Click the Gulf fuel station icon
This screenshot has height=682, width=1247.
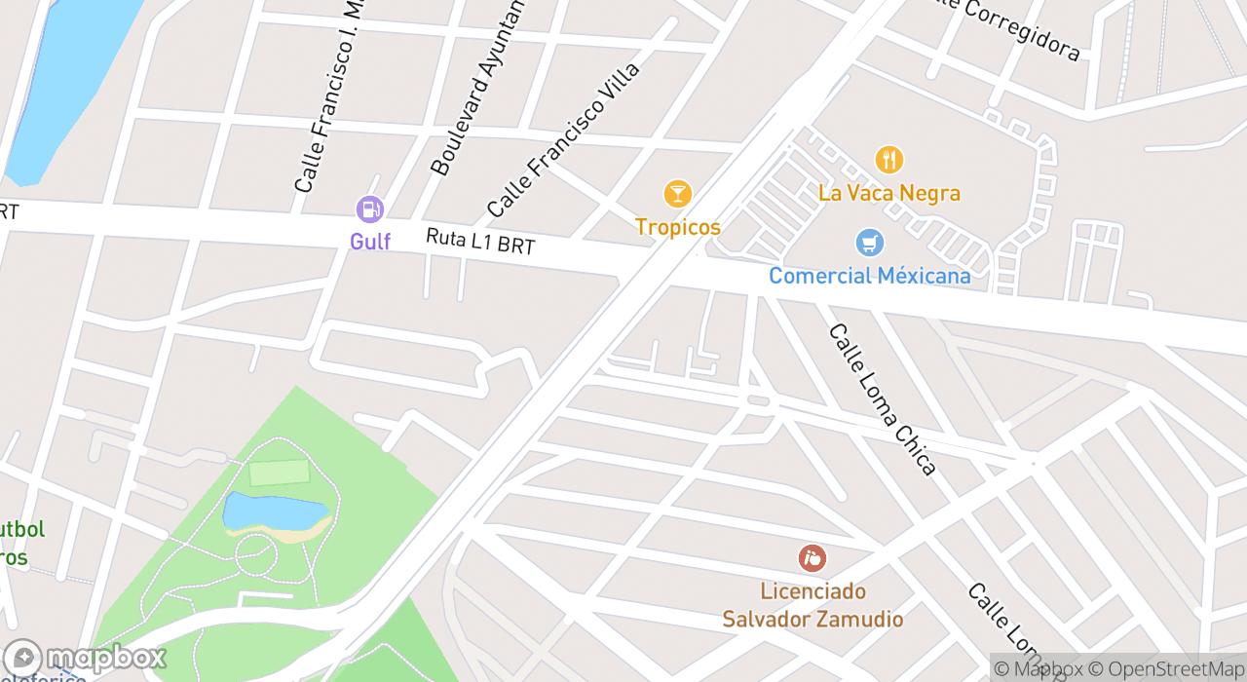[369, 208]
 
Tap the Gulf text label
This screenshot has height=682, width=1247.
[370, 241]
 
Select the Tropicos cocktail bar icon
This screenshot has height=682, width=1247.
[677, 194]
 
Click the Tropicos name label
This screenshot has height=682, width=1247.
[677, 227]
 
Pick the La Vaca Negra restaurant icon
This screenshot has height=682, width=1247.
[888, 160]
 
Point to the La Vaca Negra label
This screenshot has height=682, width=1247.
[888, 193]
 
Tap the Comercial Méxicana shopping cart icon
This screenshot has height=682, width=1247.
[869, 243]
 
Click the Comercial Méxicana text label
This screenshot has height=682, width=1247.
[869, 276]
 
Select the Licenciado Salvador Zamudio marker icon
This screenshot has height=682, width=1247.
[812, 558]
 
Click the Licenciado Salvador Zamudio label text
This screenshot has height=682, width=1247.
[812, 605]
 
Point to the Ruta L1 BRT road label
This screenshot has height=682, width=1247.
[480, 241]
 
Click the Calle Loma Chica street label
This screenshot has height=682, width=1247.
[883, 399]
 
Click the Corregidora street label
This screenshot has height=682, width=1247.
[1018, 29]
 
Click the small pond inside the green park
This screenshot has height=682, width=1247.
[273, 511]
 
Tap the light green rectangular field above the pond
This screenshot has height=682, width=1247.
[280, 473]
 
